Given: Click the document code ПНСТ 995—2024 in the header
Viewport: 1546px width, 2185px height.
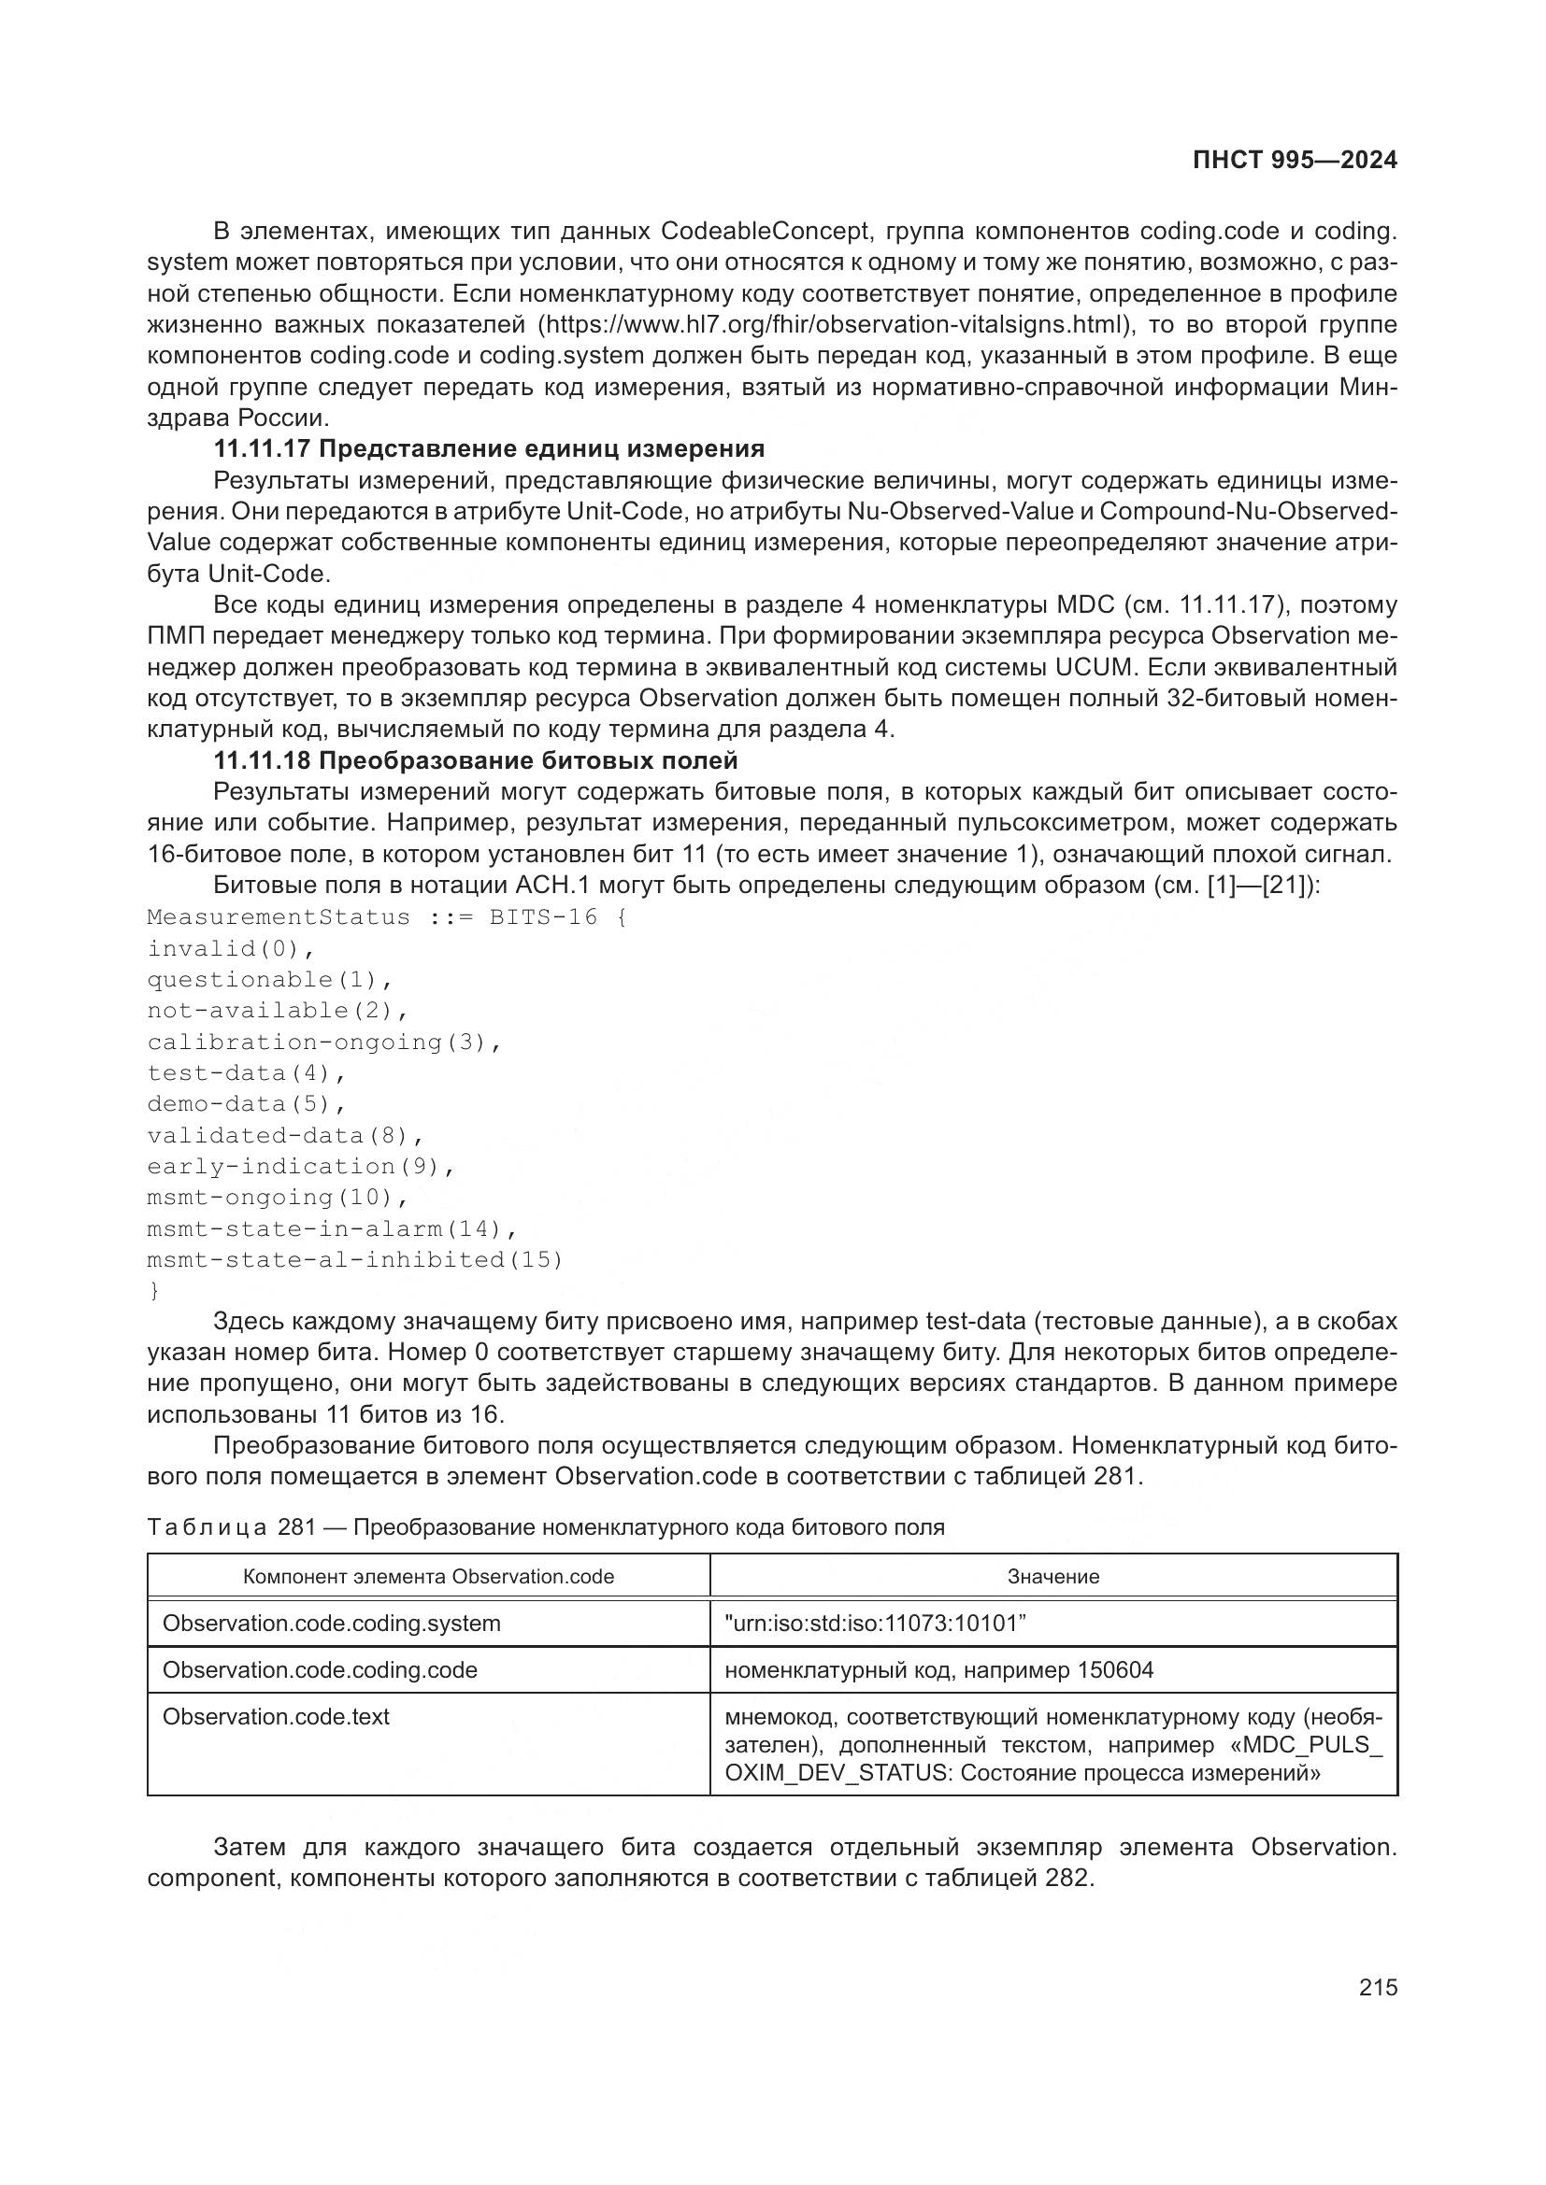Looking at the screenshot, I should [1295, 160].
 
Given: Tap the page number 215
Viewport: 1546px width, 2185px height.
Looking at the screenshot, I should [1378, 1987].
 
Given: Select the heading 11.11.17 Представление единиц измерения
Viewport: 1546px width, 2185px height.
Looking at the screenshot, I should [488, 448].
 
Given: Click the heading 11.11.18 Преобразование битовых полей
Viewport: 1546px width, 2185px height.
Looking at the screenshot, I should [475, 760].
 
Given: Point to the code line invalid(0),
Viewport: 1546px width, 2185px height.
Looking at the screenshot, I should [230, 949].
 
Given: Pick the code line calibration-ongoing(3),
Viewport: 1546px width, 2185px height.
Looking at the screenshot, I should [323, 1043].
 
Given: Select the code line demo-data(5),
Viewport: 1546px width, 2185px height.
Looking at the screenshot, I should [246, 1104].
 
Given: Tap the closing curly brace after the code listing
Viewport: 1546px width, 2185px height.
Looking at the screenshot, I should [154, 1291].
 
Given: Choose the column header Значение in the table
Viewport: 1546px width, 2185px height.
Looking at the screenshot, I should [1052, 1577].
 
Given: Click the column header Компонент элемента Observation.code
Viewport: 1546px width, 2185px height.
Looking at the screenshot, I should [428, 1577].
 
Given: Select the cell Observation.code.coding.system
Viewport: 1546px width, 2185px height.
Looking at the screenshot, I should [331, 1624].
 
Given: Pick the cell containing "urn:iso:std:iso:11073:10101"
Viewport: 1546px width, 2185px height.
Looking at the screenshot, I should [875, 1624].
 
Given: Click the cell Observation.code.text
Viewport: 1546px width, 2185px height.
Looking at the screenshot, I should [276, 1717].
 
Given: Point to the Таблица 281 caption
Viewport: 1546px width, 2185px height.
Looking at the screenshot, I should [546, 1527].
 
